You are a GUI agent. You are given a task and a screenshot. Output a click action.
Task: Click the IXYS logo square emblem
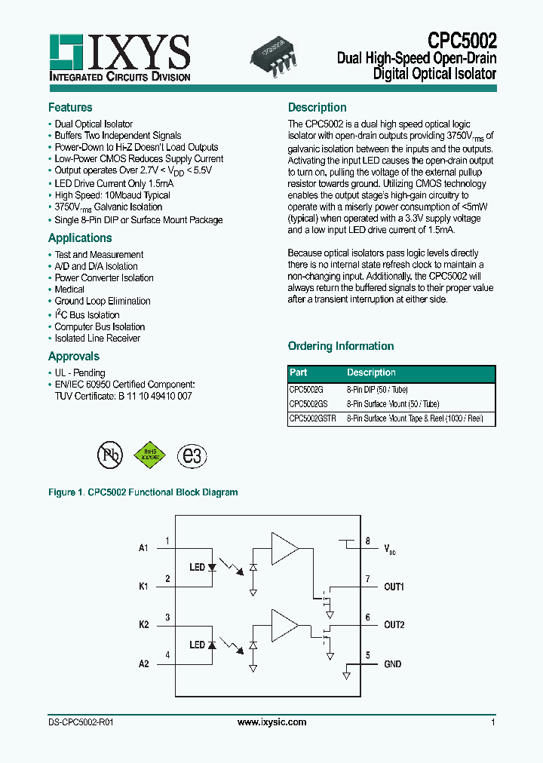point(66,51)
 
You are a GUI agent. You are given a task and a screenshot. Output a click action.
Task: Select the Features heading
point(70,107)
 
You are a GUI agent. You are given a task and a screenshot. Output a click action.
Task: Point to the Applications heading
point(80,237)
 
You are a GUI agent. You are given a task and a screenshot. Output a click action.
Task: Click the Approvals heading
point(74,356)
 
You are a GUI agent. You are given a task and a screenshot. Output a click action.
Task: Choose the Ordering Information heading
point(341,346)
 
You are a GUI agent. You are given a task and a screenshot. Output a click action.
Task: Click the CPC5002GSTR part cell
point(313,418)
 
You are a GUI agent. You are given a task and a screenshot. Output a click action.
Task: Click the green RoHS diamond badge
point(150,455)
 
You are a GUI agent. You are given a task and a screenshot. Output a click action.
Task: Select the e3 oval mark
point(192,455)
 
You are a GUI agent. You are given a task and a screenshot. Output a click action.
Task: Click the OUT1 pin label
point(394,586)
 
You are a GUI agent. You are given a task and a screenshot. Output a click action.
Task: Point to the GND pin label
point(393,664)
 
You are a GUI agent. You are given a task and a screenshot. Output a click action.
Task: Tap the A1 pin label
point(143,547)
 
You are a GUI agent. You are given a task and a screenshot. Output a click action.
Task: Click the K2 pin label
point(143,625)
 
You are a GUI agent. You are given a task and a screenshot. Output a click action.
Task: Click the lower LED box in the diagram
point(198,645)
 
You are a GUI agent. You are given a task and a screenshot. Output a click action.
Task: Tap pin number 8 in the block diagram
point(367,541)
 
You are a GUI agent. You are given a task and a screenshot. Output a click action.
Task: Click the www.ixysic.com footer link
point(271,722)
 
